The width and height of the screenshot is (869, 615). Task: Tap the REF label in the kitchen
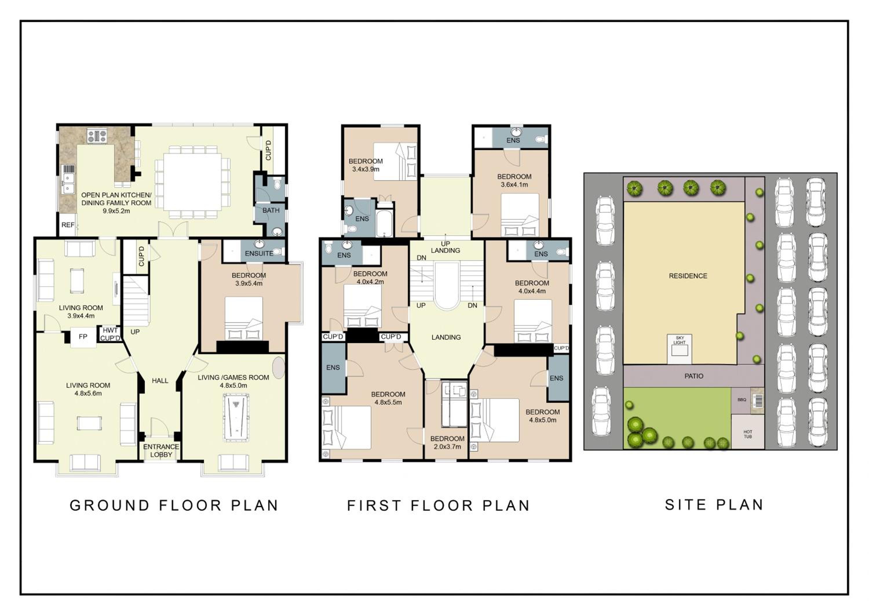pos(68,225)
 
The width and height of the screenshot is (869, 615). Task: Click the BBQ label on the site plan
pos(742,400)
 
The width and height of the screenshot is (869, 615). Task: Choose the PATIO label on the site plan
pos(694,376)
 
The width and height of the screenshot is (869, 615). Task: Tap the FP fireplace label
pos(83,337)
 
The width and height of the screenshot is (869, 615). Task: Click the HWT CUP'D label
pos(110,334)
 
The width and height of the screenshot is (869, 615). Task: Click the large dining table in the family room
pos(192,182)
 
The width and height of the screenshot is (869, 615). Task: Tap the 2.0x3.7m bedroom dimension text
pos(447,447)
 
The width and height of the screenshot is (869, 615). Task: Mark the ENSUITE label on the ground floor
pos(259,253)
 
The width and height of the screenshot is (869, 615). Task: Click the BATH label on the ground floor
pos(271,210)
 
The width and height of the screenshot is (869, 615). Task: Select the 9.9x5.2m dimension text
pos(116,211)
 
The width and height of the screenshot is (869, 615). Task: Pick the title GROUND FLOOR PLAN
pos(174,505)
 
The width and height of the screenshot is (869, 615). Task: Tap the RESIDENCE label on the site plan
pos(688,276)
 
